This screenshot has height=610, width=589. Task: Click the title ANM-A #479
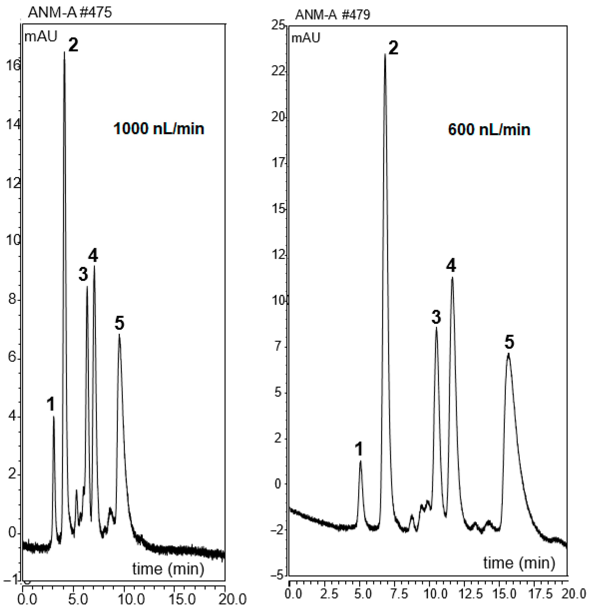[332, 15]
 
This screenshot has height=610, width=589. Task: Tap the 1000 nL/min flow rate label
[159, 129]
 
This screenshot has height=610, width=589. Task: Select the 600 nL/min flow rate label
[489, 130]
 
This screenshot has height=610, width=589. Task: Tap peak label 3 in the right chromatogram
[436, 317]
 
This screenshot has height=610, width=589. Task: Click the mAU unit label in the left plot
[41, 37]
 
